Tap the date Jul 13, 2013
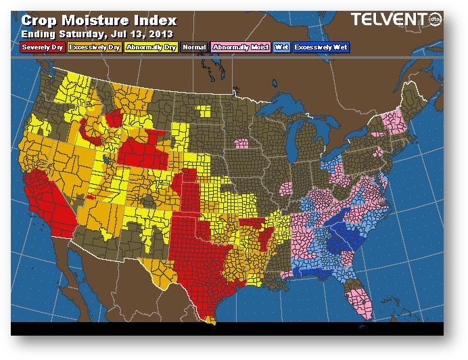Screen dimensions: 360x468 pyautogui.click(x=146, y=32)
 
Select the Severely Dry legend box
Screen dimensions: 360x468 pyautogui.click(x=43, y=47)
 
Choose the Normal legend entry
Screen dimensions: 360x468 pyautogui.click(x=194, y=47)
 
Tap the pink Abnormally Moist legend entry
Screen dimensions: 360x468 pyautogui.click(x=239, y=47)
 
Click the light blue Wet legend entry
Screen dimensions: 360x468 pyautogui.click(x=281, y=47)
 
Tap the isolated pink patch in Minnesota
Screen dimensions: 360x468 pyautogui.click(x=241, y=143)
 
